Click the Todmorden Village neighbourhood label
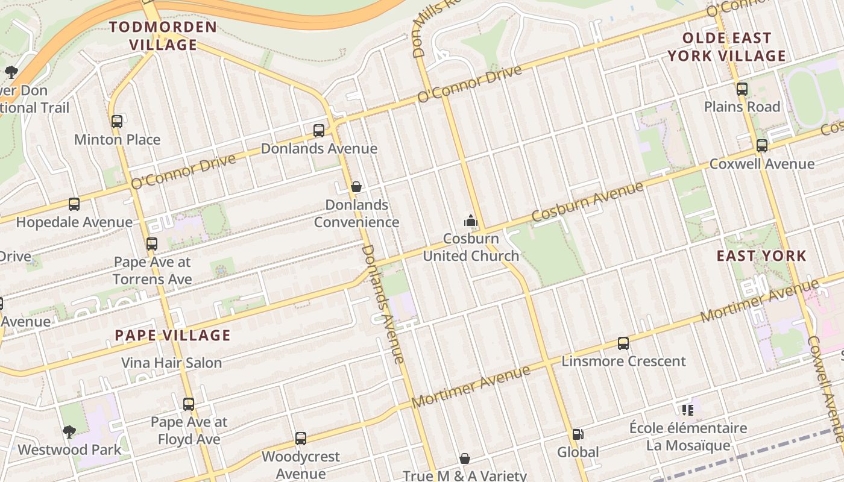(163, 36)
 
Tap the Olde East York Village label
(726, 47)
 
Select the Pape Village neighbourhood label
(172, 336)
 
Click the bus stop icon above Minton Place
(117, 122)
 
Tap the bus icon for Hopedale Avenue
(74, 204)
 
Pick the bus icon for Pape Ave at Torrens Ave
(152, 244)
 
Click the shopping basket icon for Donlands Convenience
(356, 187)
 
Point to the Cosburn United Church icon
(471, 221)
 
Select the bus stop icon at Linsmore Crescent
(623, 343)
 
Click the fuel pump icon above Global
(578, 434)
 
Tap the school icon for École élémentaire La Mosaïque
(688, 410)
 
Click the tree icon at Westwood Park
(69, 431)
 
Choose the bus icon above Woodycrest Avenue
(301, 439)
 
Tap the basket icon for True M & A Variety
(465, 459)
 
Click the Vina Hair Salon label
(172, 363)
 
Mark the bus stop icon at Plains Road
(742, 89)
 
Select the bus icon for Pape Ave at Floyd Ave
(189, 404)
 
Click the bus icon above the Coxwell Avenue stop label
(762, 146)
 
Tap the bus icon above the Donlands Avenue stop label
(319, 131)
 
